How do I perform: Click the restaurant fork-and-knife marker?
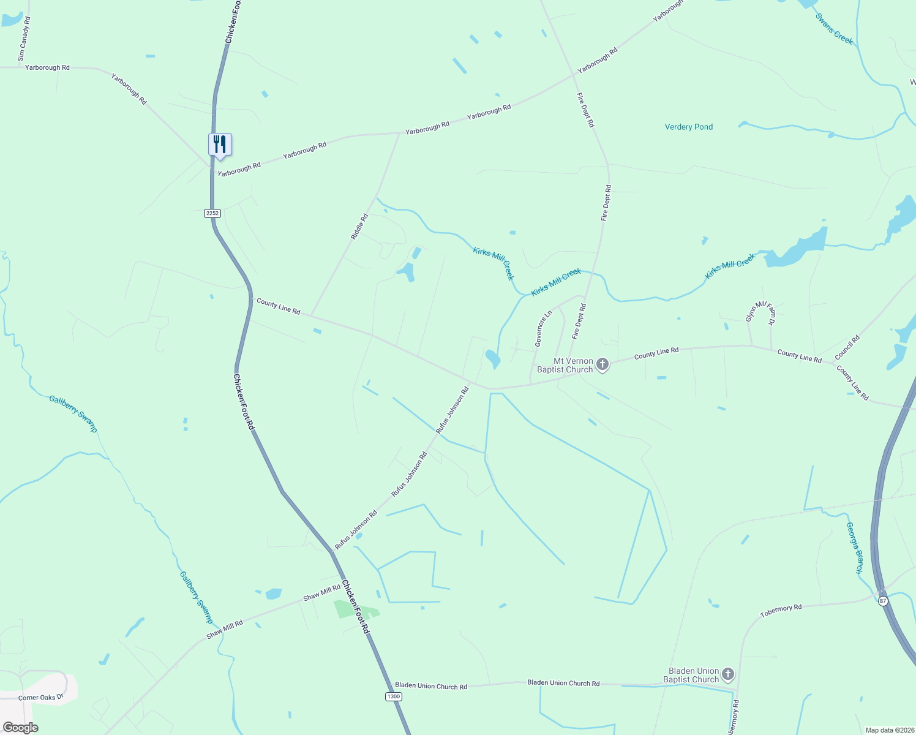click(x=220, y=145)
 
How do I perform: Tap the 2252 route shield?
click(x=212, y=213)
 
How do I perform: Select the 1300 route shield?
click(x=393, y=696)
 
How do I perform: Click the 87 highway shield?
click(x=882, y=601)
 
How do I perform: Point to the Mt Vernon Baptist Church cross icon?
click(x=603, y=365)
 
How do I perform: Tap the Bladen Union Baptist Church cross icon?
click(x=727, y=675)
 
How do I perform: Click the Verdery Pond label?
click(x=689, y=127)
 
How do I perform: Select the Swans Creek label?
click(x=834, y=29)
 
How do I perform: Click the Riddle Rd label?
click(x=359, y=227)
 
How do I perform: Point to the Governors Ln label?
click(x=543, y=329)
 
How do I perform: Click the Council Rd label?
click(x=847, y=347)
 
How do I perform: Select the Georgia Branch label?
click(x=854, y=548)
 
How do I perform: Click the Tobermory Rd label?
click(x=781, y=611)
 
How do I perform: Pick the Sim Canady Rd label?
click(x=24, y=39)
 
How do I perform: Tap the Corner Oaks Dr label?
click(x=40, y=697)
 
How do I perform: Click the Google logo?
click(x=20, y=728)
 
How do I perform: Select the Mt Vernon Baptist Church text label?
click(x=565, y=365)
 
